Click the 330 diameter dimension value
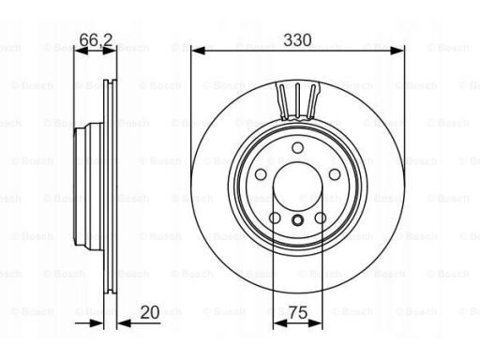297,40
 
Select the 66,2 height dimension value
96,40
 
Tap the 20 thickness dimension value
150,312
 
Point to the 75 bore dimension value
298,312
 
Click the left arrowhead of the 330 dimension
198,51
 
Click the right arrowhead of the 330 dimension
397,51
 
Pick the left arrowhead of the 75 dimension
279,323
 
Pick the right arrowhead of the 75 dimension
315,323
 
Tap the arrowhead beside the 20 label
124,323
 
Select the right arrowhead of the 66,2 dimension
110,51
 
